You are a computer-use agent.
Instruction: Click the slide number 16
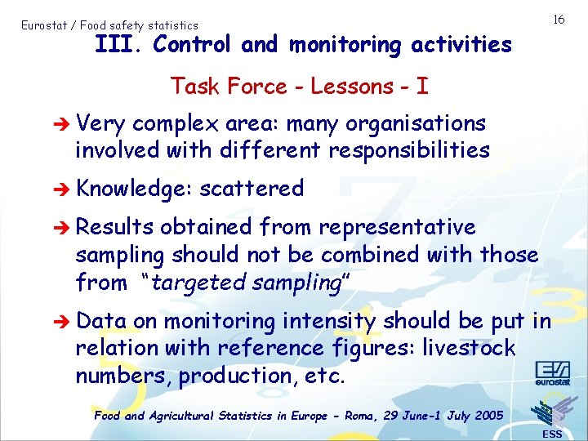pyautogui.click(x=559, y=19)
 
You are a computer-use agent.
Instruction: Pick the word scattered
pyautogui.click(x=252, y=189)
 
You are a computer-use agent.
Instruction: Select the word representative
pyautogui.click(x=397, y=226)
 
